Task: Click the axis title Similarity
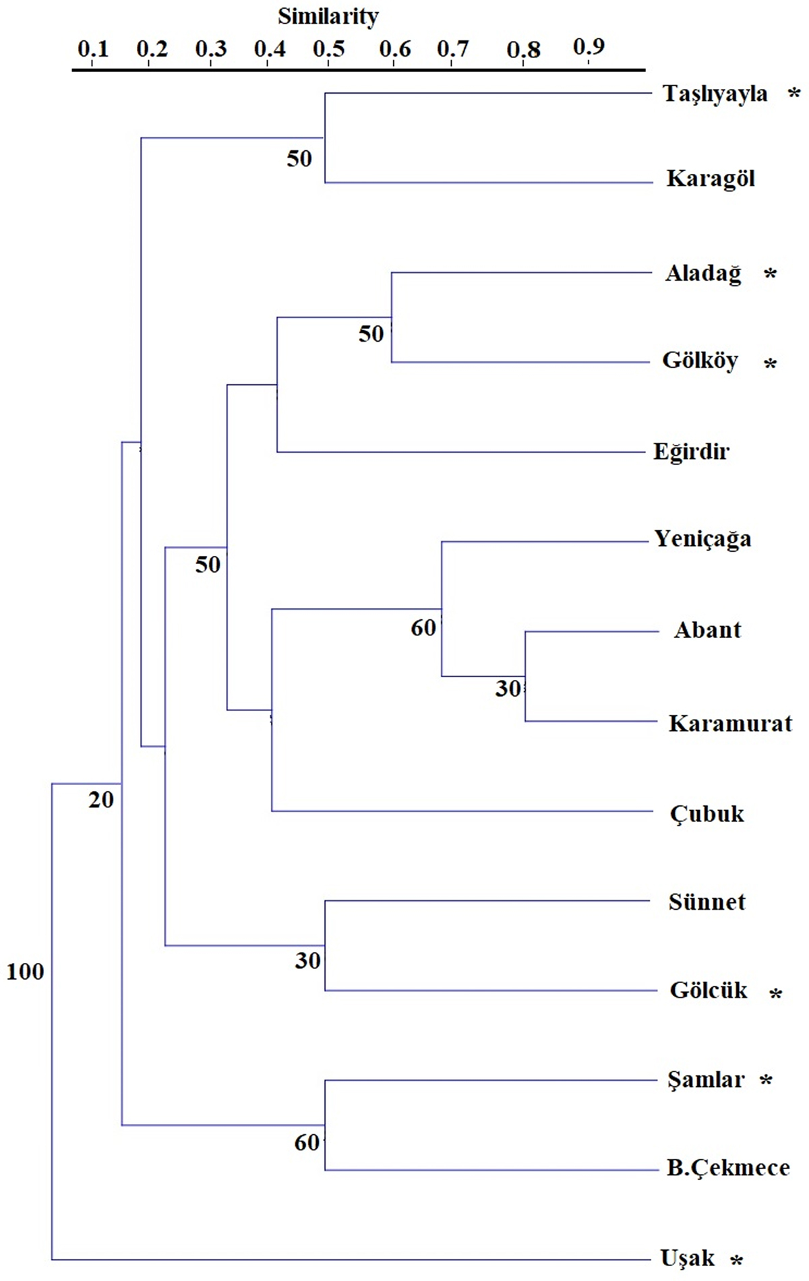pos(328,16)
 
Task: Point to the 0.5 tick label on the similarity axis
pos(329,49)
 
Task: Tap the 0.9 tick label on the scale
pos(589,46)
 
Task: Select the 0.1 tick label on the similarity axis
pos(93,49)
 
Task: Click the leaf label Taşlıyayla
pos(715,94)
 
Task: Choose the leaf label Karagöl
pos(711,179)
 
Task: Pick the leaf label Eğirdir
pos(691,451)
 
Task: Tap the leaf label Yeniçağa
pos(702,539)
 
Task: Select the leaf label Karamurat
pos(730,724)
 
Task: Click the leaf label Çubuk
pos(707,814)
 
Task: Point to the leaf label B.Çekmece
pos(728,1168)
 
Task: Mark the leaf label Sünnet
pos(707,902)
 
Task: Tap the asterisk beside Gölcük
pos(775,993)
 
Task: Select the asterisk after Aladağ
pos(770,274)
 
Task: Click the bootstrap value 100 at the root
pos(25,972)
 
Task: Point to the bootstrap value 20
pos(101,800)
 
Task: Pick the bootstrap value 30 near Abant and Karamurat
pos(508,688)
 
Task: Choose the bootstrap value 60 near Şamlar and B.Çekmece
pos(307,1142)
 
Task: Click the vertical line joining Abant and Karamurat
pos(525,676)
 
